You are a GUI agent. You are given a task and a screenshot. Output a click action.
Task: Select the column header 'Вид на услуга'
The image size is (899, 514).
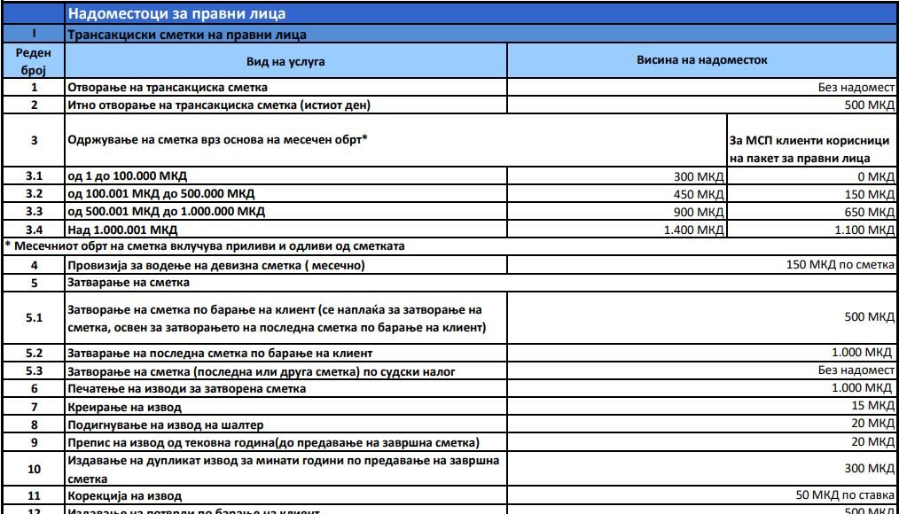tap(285, 62)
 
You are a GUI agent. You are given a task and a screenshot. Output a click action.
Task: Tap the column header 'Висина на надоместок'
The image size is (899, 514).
tap(701, 61)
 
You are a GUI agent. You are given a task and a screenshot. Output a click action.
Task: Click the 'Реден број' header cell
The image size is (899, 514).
tap(34, 61)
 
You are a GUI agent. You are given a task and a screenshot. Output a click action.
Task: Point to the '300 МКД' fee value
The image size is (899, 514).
tap(700, 177)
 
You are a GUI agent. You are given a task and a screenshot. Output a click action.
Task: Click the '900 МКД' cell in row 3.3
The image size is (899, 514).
tap(700, 213)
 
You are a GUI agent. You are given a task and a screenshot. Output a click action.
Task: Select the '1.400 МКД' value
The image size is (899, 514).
tap(694, 230)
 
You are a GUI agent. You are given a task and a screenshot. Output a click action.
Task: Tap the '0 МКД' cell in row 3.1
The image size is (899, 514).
tap(880, 177)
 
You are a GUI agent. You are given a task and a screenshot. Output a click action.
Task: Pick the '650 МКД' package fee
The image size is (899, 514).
tap(872, 213)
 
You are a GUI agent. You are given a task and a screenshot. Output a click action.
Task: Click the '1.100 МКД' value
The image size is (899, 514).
tap(867, 230)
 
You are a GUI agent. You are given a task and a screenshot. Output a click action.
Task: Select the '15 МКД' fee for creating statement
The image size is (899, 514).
tap(874, 407)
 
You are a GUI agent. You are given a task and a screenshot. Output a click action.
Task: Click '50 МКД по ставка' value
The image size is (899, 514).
tap(845, 495)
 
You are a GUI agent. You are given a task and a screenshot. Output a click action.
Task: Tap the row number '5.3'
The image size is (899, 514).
tap(34, 371)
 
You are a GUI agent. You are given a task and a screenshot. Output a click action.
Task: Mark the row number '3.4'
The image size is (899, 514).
tap(34, 230)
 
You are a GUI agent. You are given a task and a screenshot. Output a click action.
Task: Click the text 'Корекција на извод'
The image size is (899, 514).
tap(125, 496)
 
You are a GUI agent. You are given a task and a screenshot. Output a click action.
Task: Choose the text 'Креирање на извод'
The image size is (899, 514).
tap(125, 408)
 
